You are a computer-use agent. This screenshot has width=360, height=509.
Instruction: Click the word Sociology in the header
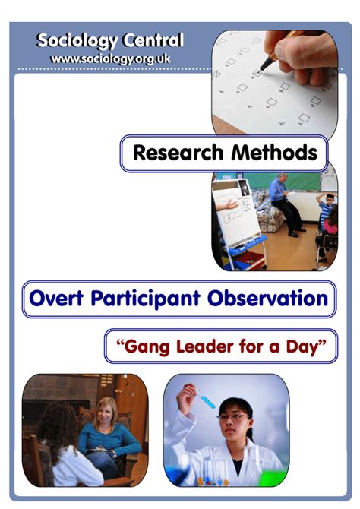coord(77,41)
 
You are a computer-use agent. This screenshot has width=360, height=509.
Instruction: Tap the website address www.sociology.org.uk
coord(110,59)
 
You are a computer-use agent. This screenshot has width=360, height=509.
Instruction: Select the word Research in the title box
coord(178,153)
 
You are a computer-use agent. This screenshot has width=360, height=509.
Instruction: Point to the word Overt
coord(56,298)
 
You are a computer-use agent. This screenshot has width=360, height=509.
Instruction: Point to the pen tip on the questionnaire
coord(261,69)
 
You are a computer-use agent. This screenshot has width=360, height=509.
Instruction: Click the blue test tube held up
coord(205,398)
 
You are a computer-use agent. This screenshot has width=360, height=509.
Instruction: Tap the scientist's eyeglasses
coord(233,417)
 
